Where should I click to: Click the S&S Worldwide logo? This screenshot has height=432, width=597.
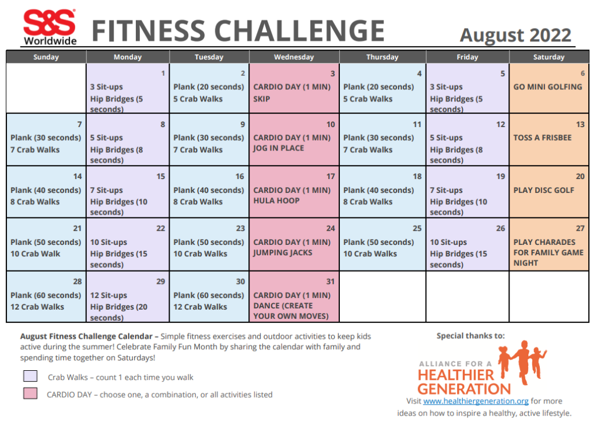coord(50,27)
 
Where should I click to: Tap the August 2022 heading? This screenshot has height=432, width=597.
coord(515,36)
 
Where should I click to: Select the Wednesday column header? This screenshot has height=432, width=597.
coord(294,57)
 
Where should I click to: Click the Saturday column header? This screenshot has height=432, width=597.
coord(549,57)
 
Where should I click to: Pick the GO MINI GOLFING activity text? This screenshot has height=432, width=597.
coord(547,87)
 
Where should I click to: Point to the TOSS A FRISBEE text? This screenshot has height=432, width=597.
coord(542,138)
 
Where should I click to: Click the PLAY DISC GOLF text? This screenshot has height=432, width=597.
coord(544,190)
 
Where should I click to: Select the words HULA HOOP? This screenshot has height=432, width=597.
coord(276,201)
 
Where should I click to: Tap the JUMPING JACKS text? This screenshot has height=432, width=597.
coord(283,253)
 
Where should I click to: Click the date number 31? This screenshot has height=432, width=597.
coord(330,282)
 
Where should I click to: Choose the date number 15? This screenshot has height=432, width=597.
coord(161,177)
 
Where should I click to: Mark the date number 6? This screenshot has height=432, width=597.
coord(582,73)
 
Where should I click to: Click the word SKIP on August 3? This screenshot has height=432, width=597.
coord(262,99)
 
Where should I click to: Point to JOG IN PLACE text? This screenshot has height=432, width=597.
coord(278,148)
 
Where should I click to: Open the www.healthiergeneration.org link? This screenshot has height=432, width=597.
coord(476,401)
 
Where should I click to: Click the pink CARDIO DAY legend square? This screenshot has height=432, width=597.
coord(30,393)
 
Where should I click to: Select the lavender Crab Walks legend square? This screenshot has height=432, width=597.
coord(30,376)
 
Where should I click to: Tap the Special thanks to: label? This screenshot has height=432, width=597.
coord(470,336)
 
